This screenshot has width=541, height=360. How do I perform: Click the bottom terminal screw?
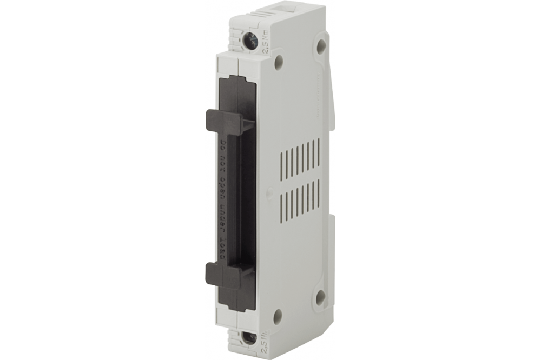(249, 338)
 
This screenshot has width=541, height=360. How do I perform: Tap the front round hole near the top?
(279, 62)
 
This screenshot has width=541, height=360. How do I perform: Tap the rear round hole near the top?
(321, 46)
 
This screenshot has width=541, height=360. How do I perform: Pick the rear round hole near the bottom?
(321, 297)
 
